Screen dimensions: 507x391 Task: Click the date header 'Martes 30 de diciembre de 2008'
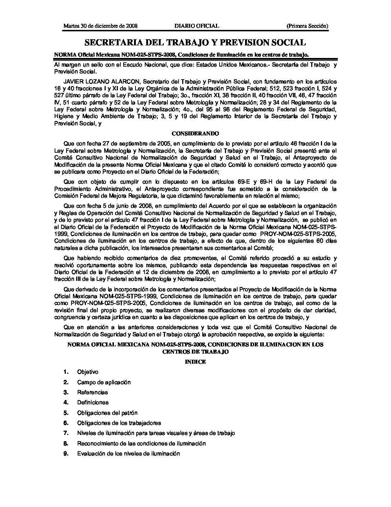101,26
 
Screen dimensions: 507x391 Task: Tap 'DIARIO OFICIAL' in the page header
197,26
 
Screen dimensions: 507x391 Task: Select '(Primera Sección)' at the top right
307,26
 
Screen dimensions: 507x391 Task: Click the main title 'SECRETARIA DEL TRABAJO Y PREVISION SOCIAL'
195,43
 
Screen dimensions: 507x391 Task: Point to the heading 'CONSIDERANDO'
195,134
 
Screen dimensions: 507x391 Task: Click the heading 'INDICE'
195,362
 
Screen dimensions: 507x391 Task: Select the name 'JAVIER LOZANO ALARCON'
95,82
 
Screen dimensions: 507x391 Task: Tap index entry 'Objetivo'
88,372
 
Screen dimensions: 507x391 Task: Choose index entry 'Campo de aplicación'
104,382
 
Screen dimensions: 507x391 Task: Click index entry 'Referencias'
92,392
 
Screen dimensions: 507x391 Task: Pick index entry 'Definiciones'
93,402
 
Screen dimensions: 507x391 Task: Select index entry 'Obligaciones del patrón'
107,413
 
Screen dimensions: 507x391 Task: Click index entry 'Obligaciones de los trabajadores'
119,423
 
